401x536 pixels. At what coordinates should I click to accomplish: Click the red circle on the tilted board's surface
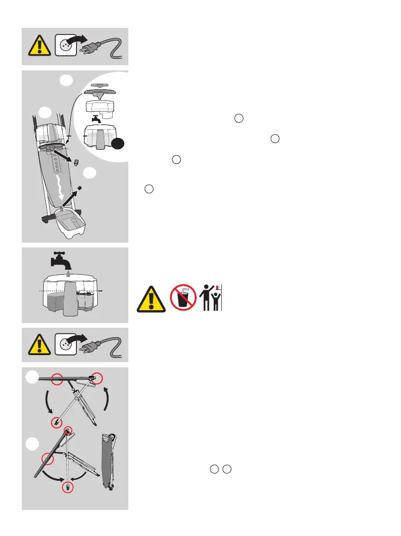pyautogui.click(x=46, y=458)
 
